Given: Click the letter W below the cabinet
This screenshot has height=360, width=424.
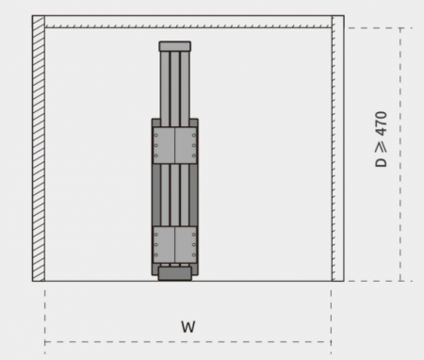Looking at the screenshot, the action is [188, 327].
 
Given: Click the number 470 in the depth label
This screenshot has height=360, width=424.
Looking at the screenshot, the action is [381, 123].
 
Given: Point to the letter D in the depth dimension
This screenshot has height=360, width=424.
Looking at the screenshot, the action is [381, 162].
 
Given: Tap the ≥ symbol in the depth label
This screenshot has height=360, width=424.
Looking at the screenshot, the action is [381, 146].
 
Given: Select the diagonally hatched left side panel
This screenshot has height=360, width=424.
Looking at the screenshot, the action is [39, 148].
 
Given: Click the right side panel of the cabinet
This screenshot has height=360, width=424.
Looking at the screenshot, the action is [338, 148].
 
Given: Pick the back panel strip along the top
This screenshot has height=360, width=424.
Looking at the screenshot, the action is [188, 22].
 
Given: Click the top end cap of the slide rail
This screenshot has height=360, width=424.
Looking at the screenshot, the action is [175, 46].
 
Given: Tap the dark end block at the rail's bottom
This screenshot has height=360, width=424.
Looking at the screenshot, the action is [175, 273].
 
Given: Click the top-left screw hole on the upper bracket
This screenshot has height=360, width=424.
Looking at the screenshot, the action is [156, 136].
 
